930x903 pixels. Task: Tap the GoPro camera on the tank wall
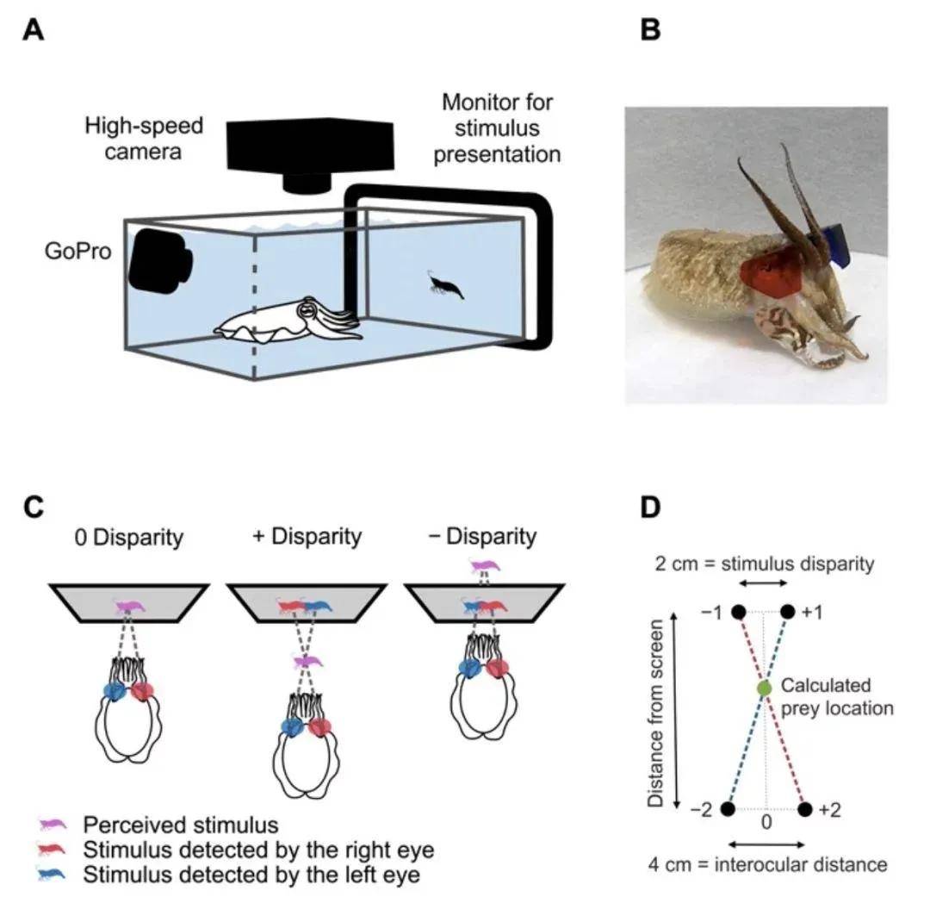coord(160,258)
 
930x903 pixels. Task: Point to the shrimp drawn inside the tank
coord(445,285)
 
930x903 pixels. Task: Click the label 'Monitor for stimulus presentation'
coord(497,128)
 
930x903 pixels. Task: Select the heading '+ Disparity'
coord(307,537)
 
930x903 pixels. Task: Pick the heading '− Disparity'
coord(481,537)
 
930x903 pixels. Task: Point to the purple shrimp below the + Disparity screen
coord(307,661)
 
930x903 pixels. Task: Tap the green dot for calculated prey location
coord(764,688)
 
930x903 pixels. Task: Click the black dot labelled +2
coord(805,809)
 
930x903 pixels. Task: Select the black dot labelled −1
coord(738,613)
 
